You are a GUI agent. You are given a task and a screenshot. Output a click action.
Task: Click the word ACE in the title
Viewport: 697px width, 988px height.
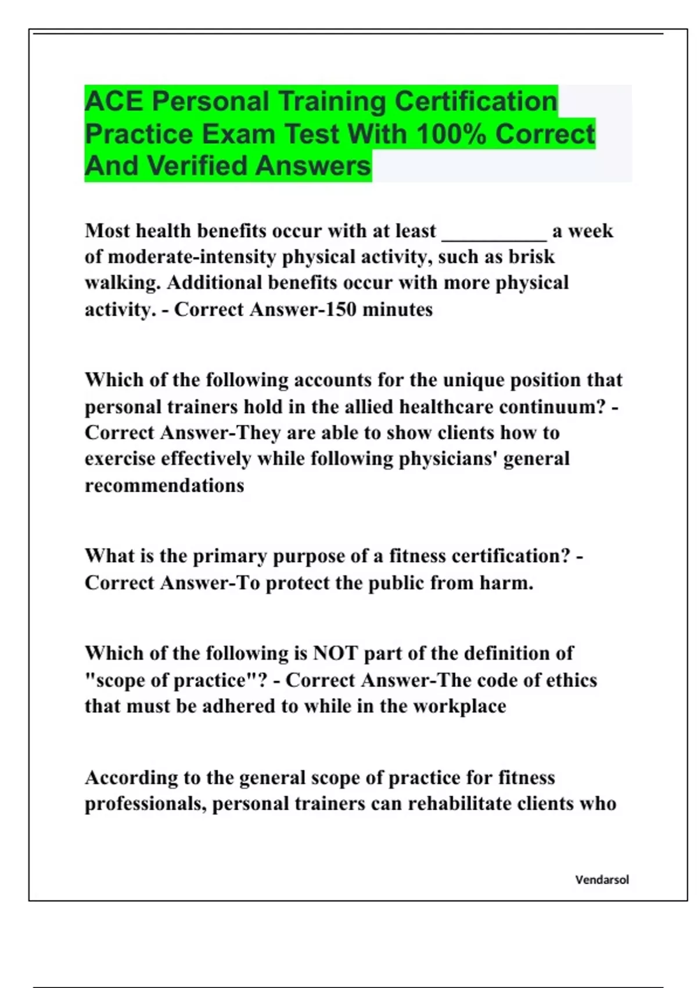coord(113,102)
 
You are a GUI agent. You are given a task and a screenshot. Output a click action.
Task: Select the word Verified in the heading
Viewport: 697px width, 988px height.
coord(199,166)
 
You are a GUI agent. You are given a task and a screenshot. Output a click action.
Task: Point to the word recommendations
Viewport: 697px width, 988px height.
coord(164,485)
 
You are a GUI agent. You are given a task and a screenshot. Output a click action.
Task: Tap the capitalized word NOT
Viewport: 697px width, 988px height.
coord(335,653)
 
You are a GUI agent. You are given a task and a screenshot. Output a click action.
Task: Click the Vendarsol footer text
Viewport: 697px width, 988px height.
coord(602,880)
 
